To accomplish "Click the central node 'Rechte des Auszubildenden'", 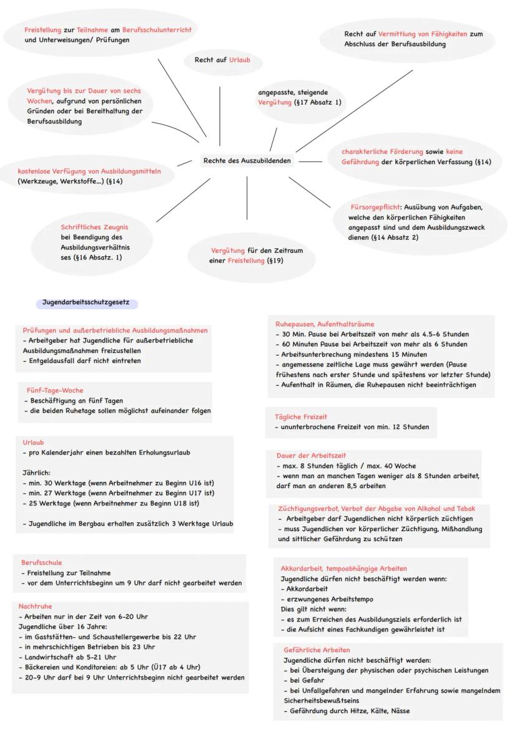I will pos(247,161).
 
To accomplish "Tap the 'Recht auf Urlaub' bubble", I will pos(218,60).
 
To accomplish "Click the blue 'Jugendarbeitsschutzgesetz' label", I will pos(86,303).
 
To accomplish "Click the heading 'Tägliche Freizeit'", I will pos(301,416).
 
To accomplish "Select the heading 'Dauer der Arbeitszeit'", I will pos(311,456).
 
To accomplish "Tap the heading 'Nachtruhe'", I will pos(35,606).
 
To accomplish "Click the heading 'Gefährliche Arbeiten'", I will pos(317,650).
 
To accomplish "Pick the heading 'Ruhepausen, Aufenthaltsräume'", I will pos(325,324).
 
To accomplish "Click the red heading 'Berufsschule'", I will pos(41,562).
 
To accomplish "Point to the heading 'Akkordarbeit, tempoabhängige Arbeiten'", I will pos(344,569).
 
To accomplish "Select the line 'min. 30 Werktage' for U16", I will pos(118,483).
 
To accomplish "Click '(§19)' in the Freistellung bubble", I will pos(275,261).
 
